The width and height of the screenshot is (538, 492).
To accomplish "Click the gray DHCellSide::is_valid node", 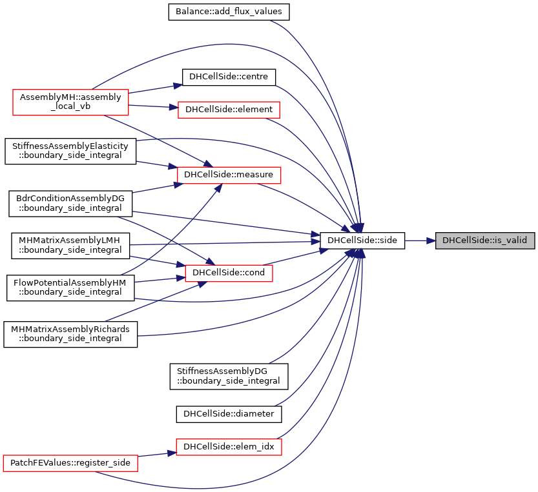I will (484, 241).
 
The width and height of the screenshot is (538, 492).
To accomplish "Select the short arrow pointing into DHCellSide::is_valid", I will (420, 241).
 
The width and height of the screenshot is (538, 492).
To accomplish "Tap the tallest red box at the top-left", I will (70, 103).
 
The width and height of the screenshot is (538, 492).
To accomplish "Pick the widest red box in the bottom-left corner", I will (70, 463).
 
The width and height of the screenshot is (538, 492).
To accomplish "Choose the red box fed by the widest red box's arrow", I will (229, 447).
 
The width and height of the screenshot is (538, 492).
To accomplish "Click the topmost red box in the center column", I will (229, 110).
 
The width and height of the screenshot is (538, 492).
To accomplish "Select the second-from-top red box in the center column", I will (229, 175).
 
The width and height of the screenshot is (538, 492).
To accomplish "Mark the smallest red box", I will (229, 273).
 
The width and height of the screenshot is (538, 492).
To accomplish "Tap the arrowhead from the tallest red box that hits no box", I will (178, 85).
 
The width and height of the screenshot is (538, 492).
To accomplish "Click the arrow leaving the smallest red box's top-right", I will (297, 256).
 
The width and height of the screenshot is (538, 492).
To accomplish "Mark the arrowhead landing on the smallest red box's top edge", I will (210, 261).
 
